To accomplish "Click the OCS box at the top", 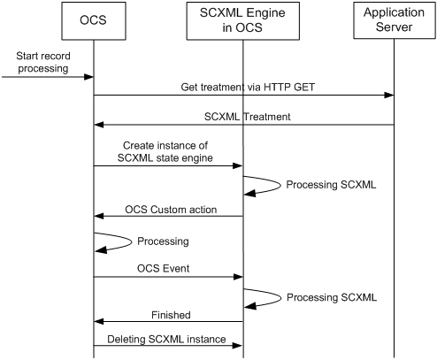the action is (94, 21).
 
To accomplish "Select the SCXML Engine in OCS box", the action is (243, 21).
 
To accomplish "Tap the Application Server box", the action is (395, 20).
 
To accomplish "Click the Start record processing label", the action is (43, 62).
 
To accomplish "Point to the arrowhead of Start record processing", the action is (88, 77).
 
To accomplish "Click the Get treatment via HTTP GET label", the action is (248, 87).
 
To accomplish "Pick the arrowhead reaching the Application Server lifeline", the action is (389, 95).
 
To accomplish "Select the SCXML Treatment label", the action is (248, 117).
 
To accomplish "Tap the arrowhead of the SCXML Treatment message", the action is (99, 125).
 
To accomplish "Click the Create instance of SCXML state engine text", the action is (165, 151).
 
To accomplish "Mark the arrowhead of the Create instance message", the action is (238, 165).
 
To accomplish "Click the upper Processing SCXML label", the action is (331, 185).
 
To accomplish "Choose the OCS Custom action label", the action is (171, 210).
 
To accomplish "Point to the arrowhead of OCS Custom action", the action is (99, 216).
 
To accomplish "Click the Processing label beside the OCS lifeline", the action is (163, 241).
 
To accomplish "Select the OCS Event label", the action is (163, 268).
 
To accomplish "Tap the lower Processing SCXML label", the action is (332, 297).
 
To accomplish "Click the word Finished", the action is (171, 315).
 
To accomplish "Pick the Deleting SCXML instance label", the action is (166, 339).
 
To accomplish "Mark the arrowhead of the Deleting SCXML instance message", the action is (237, 345).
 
